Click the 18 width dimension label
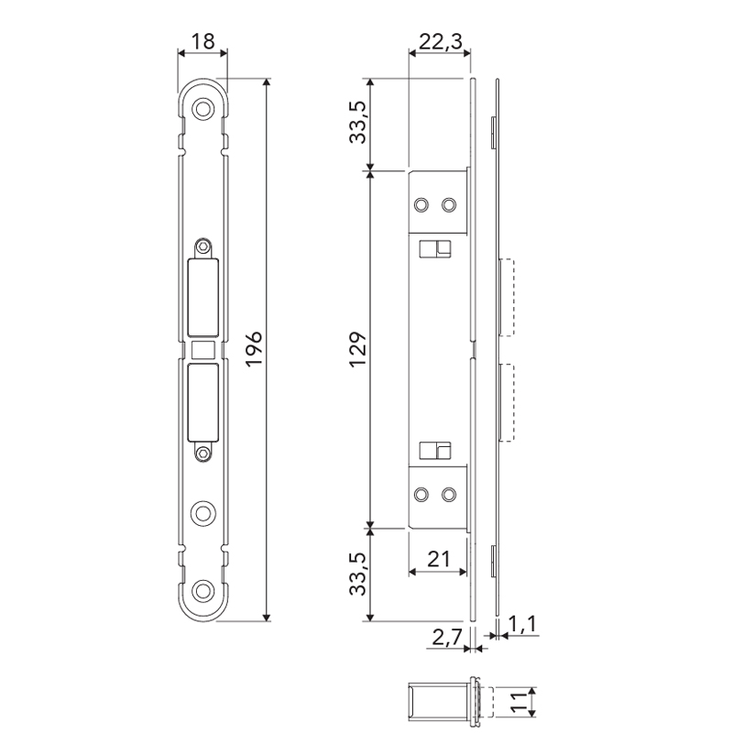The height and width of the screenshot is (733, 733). [202, 41]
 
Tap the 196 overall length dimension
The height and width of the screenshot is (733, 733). [255, 349]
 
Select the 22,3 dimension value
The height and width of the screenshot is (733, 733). [441, 41]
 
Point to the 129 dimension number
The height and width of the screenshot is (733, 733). [358, 349]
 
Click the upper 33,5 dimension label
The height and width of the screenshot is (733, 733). [358, 122]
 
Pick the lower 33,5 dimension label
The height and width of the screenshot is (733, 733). [358, 574]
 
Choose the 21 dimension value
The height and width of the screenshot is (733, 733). [439, 559]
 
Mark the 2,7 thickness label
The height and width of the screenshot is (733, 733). [446, 637]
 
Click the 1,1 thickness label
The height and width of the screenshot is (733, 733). [522, 624]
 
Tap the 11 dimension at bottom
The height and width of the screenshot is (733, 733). [519, 702]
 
